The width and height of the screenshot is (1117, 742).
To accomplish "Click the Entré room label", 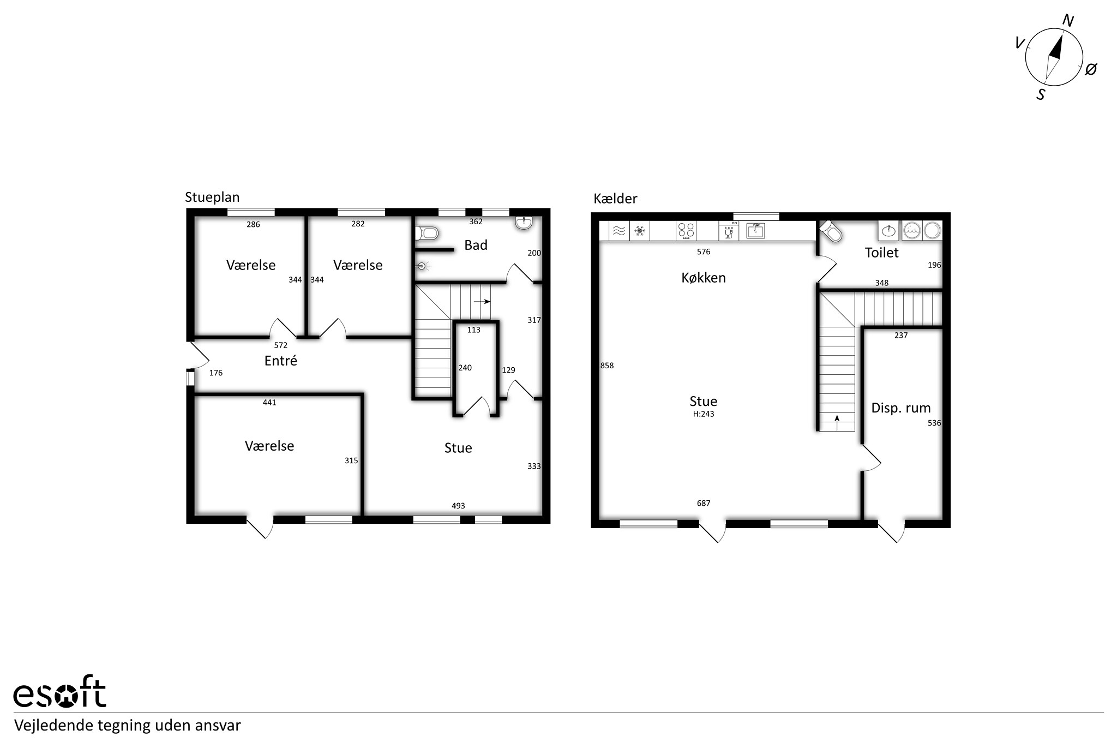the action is coord(280,361).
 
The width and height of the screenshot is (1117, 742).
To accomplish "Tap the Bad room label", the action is coord(476,246).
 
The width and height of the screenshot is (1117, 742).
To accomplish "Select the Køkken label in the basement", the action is coord(704,278).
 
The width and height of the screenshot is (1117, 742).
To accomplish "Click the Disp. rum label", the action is coord(900,408).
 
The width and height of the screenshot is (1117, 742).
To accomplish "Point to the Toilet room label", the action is coord(881,253).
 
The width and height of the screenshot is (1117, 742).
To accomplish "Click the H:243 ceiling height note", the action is coord(703,414).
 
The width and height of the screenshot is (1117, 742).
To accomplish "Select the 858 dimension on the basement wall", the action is coord(607,366).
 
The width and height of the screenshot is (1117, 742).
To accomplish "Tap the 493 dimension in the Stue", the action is coord(458,506).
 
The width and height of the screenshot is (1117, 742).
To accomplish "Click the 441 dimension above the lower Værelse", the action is coord(269,403).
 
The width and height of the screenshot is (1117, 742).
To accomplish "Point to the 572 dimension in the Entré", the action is coord(280,345).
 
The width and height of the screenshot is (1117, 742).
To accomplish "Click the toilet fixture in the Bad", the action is coord(427,234).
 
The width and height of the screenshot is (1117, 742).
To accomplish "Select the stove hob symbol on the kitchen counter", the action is coord(686,231).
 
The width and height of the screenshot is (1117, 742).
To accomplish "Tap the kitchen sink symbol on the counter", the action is coord(755,231).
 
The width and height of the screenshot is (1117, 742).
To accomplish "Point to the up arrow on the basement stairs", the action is coord(837,420).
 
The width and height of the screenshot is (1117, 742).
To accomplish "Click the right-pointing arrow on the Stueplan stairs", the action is coord(482,301).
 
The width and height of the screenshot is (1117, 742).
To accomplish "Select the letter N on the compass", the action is coord(1068,21).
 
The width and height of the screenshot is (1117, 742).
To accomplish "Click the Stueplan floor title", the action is coord(212,197).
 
